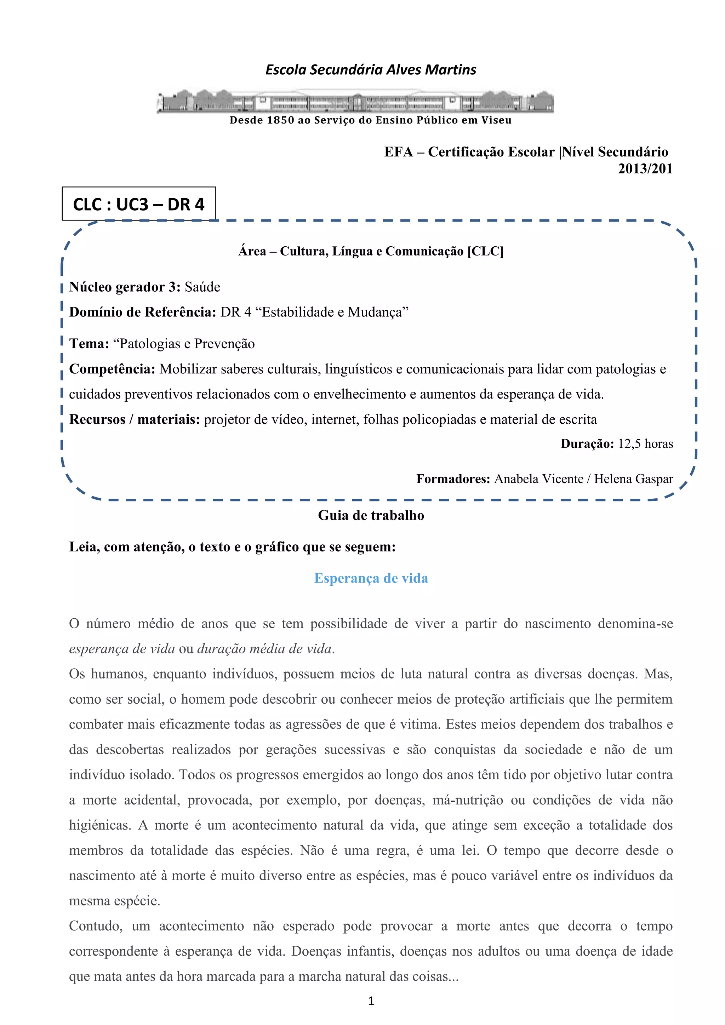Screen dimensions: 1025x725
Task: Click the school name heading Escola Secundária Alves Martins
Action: (x=371, y=70)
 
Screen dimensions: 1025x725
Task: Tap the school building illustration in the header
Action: (x=355, y=101)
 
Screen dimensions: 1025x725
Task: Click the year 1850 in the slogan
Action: (x=280, y=120)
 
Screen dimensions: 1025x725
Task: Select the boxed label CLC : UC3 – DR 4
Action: (x=139, y=204)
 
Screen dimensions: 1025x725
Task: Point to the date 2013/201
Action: (x=645, y=169)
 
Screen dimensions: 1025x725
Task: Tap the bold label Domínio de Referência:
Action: (x=142, y=312)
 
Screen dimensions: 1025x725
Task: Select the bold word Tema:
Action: (x=89, y=344)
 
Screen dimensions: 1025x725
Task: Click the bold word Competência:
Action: (x=112, y=369)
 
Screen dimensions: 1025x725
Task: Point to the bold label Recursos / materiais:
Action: (x=135, y=420)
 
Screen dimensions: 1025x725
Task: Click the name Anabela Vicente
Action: (x=538, y=479)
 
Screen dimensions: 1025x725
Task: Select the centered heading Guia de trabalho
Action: (x=371, y=516)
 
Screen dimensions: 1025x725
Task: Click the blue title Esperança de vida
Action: (x=371, y=578)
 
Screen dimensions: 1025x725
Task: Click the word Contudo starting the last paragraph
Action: (x=96, y=926)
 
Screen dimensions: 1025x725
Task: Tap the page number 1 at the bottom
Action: (x=371, y=1001)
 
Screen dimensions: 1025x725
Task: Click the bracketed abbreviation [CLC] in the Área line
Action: (x=485, y=251)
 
